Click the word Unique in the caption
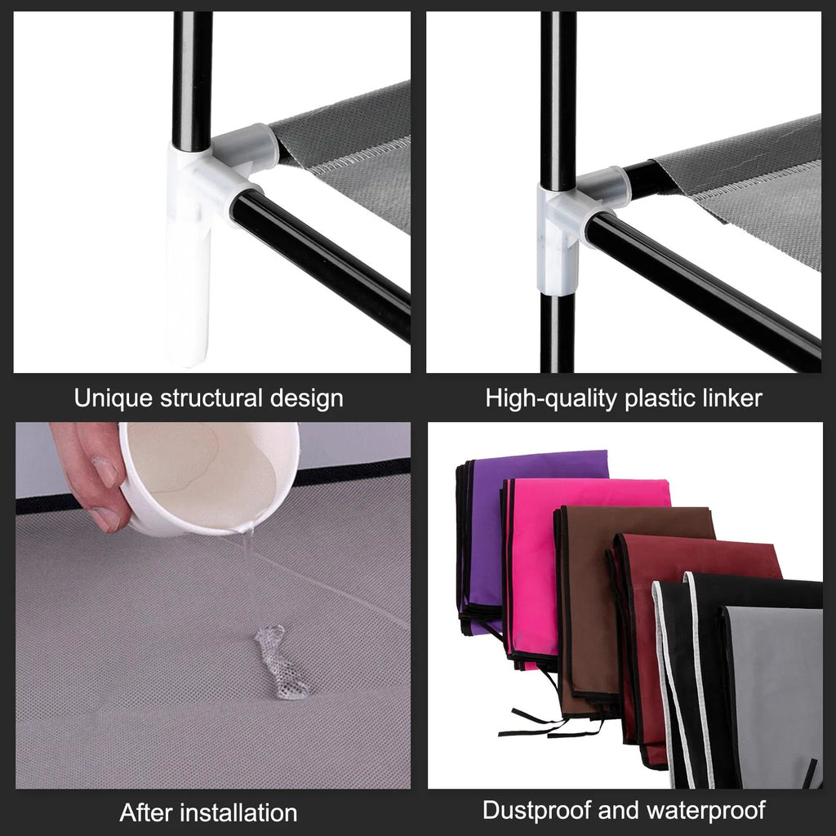113,398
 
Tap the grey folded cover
776,694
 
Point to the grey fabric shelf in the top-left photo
359,147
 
